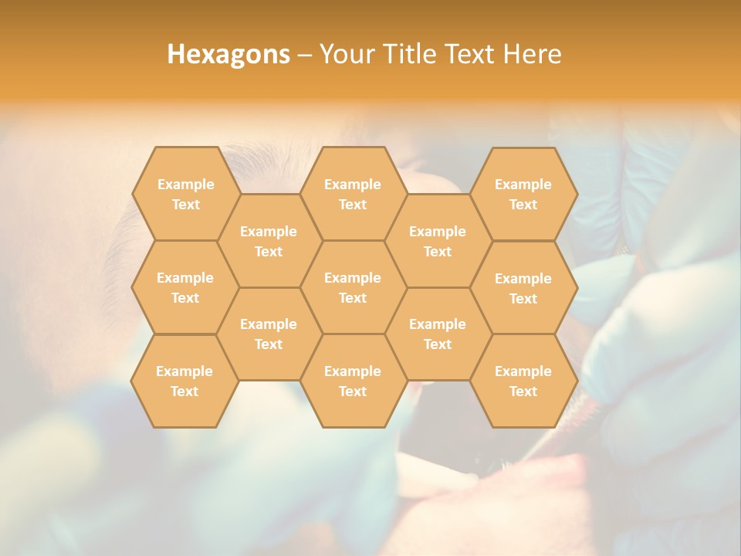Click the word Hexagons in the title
tap(228, 54)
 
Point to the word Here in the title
tap(532, 54)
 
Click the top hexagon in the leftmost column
tap(185, 194)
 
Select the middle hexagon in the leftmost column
tap(185, 287)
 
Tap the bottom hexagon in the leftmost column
tap(184, 381)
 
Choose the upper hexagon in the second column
tap(269, 241)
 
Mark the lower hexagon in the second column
tap(269, 334)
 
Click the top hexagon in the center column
tap(353, 194)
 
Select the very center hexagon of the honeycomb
tap(353, 287)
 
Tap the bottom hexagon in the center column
tap(353, 381)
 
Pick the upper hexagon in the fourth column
tap(438, 241)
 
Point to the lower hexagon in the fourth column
tap(438, 334)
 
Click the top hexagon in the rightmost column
tap(523, 194)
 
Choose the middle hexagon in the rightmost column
tap(523, 288)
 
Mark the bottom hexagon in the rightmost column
tap(523, 381)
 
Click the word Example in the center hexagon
tap(353, 278)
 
